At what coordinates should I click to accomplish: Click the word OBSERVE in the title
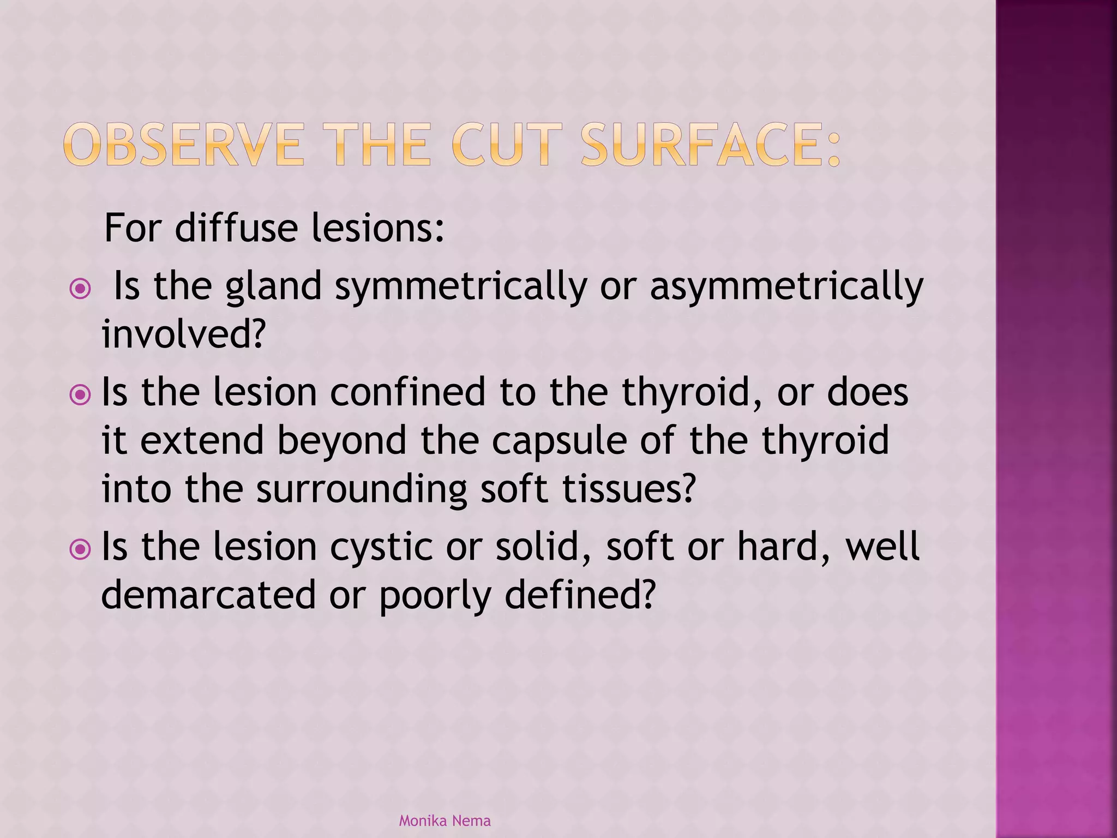tap(183, 145)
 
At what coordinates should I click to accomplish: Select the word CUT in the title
tap(507, 145)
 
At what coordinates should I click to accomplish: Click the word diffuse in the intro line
tap(236, 228)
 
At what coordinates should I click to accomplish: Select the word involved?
tap(183, 334)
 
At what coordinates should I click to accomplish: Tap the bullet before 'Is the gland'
tap(81, 288)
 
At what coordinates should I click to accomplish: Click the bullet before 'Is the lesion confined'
tap(81, 394)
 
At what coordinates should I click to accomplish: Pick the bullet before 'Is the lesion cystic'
tap(81, 548)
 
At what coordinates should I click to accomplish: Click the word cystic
tap(376, 548)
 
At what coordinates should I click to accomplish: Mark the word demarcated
tap(208, 595)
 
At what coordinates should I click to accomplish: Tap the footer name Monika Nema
tap(445, 821)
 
